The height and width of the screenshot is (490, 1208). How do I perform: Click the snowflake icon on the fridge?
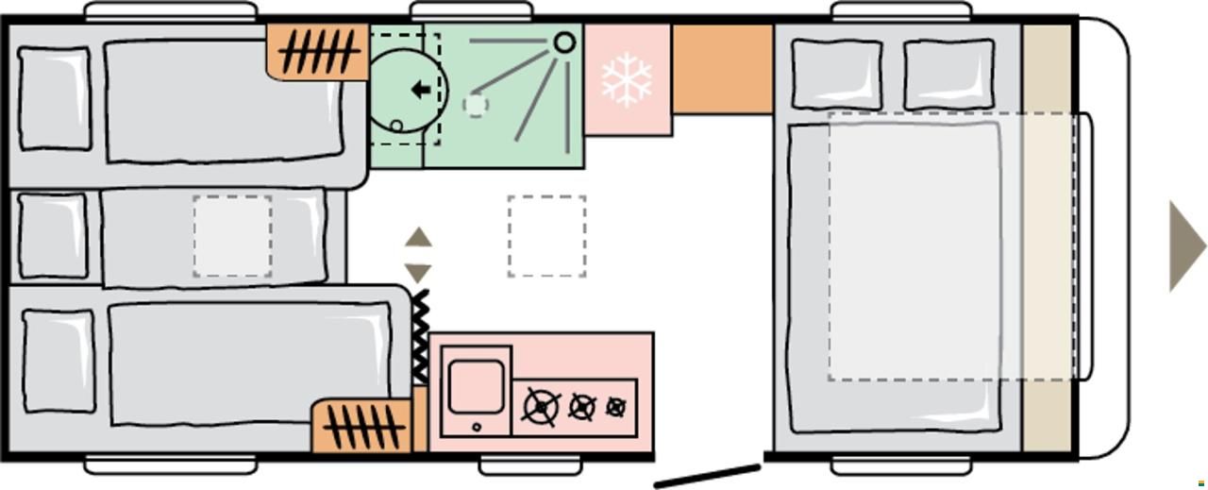(628, 79)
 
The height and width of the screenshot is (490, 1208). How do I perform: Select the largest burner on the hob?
(541, 407)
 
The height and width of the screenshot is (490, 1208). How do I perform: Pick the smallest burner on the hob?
(616, 407)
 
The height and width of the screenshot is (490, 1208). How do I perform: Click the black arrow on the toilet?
(421, 91)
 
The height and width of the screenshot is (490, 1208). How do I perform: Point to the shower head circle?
(564, 42)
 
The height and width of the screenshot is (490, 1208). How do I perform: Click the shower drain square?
(476, 104)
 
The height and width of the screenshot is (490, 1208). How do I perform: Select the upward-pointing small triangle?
(418, 237)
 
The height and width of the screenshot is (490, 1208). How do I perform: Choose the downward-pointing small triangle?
(418, 272)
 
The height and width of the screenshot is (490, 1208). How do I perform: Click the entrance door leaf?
(708, 475)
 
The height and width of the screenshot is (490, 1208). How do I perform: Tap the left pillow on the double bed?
(836, 75)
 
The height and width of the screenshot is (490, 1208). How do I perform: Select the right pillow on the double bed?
(948, 75)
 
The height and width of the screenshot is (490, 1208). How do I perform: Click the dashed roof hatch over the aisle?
(546, 236)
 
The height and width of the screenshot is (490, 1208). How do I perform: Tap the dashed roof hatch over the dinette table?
(232, 236)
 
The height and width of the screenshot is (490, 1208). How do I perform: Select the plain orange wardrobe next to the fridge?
(722, 69)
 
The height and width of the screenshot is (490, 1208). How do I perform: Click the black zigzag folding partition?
(420, 336)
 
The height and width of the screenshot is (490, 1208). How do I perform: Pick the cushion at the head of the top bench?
(55, 98)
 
